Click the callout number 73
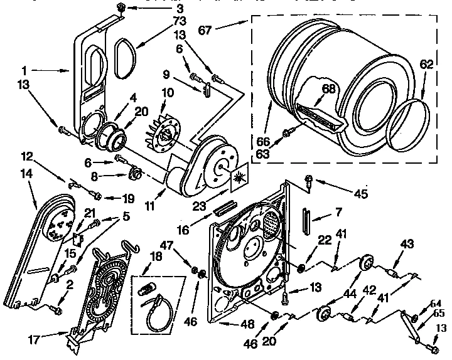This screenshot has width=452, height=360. tap(180, 22)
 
